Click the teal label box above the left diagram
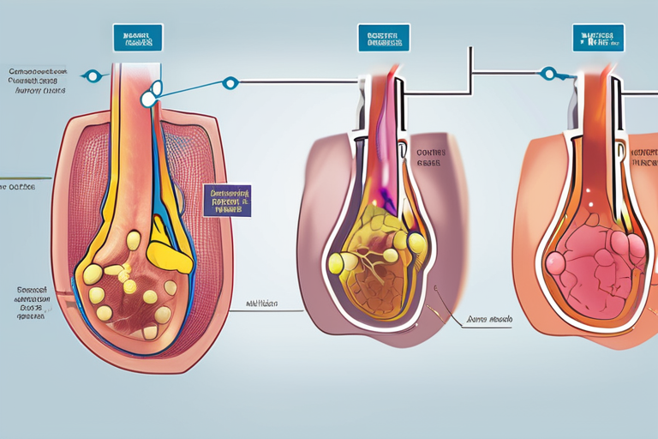pyautogui.click(x=137, y=37)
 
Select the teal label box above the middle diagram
pyautogui.click(x=384, y=37)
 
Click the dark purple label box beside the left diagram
pyautogui.click(x=227, y=200)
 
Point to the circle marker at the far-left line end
pyautogui.click(x=95, y=76)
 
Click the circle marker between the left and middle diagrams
pyautogui.click(x=229, y=83)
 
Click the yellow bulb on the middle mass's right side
pyautogui.click(x=416, y=244)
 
